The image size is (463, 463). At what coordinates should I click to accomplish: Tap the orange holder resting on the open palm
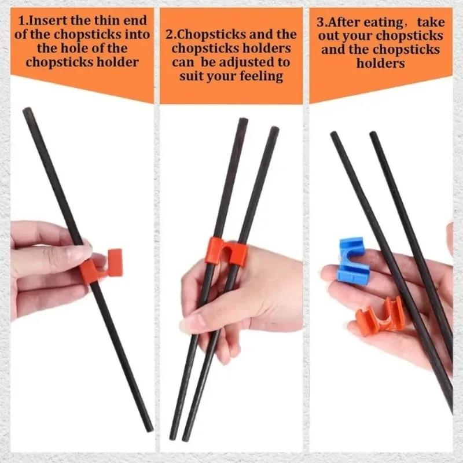point(380,315)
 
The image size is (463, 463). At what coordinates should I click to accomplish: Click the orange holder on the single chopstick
point(103,266)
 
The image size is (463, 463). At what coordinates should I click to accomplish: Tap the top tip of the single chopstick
point(27,110)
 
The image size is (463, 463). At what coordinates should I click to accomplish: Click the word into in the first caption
point(138,35)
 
